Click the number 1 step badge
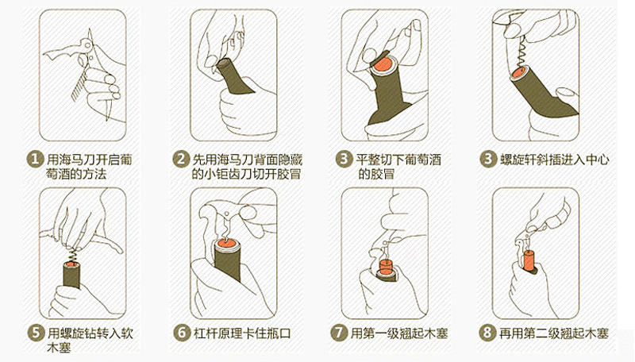35,159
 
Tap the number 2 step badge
181,159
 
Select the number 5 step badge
36,333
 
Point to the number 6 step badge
182,333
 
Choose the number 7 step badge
339,333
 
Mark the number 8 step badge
487,333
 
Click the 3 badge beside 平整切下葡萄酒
344,159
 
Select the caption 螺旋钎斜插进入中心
554,159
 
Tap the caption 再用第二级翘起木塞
553,333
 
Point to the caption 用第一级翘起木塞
399,333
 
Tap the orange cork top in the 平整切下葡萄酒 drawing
383,65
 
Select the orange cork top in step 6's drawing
226,244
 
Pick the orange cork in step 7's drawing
387,268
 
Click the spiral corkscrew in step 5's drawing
72,253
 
